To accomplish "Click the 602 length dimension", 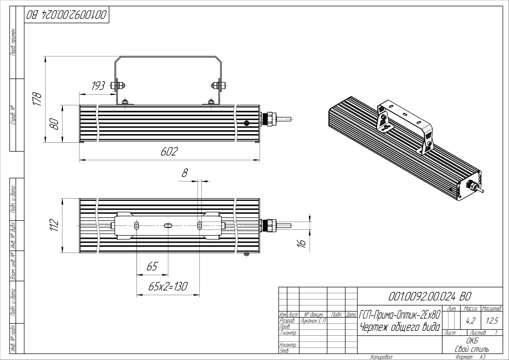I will [169, 152].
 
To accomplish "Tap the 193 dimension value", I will [98, 86].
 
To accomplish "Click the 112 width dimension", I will [55, 225].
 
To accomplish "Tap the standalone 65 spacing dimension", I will [152, 267].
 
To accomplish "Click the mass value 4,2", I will [470, 319].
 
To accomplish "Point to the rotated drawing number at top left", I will [66, 15].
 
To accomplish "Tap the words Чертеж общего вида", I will [400, 327].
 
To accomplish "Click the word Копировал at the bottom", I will [381, 357].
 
